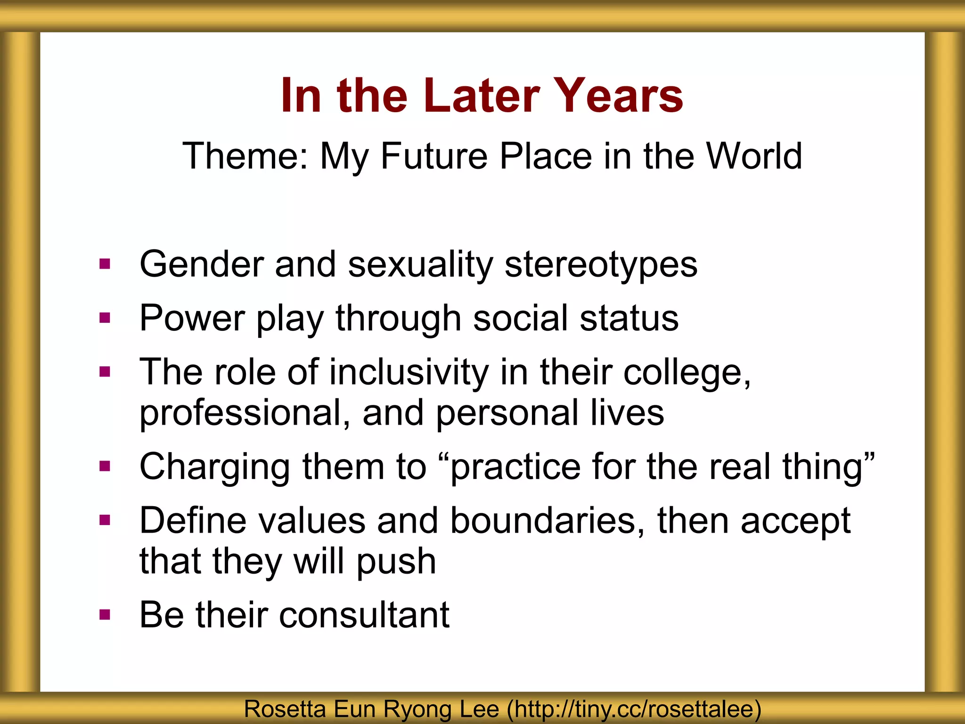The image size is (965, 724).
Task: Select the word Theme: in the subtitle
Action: tap(245, 156)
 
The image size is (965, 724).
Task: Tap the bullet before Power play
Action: tap(105, 318)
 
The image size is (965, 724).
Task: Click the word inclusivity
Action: tap(409, 372)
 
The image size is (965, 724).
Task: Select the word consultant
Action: tap(364, 615)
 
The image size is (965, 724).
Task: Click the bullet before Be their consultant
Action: tap(105, 615)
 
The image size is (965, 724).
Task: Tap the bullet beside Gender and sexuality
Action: tap(105, 264)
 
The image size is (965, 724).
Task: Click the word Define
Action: tap(193, 521)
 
